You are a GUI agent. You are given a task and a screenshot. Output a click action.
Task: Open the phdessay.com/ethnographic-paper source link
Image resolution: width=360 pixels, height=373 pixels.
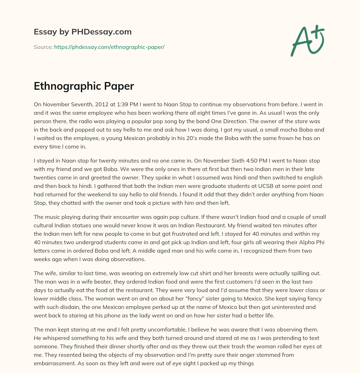point(109,47)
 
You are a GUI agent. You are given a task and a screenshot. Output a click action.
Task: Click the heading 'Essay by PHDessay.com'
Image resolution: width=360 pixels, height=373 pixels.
point(83,32)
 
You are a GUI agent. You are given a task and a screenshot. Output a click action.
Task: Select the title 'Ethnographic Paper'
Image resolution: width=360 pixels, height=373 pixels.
point(84,86)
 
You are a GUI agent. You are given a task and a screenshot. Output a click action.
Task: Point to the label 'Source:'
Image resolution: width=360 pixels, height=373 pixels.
point(43,47)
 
